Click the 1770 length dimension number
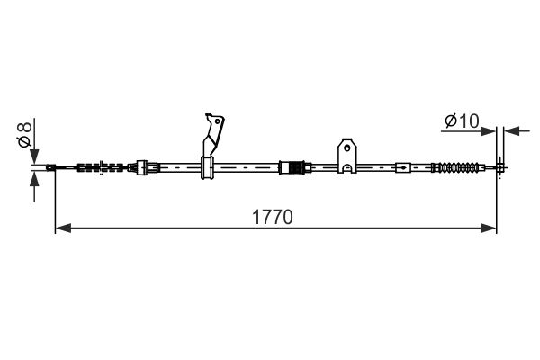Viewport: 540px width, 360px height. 273,217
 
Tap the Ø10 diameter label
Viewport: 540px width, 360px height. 462,121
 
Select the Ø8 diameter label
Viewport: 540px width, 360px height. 25,135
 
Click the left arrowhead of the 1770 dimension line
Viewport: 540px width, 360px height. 63,228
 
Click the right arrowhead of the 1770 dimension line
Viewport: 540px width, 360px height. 489,228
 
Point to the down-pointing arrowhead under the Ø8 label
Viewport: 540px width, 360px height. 34,157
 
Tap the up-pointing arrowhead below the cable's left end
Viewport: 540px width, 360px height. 34,179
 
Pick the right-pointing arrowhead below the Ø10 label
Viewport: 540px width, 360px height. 488,131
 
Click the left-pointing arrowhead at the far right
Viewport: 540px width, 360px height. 511,131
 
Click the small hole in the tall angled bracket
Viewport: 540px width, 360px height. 217,121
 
